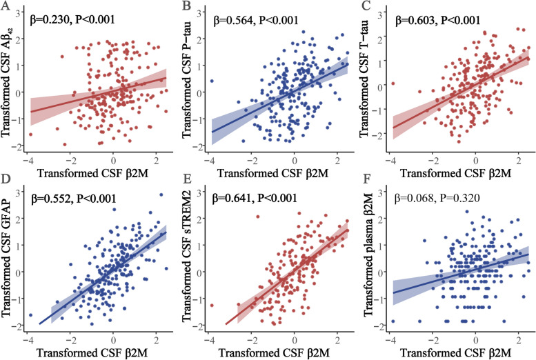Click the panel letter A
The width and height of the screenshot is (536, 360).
[6, 8]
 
